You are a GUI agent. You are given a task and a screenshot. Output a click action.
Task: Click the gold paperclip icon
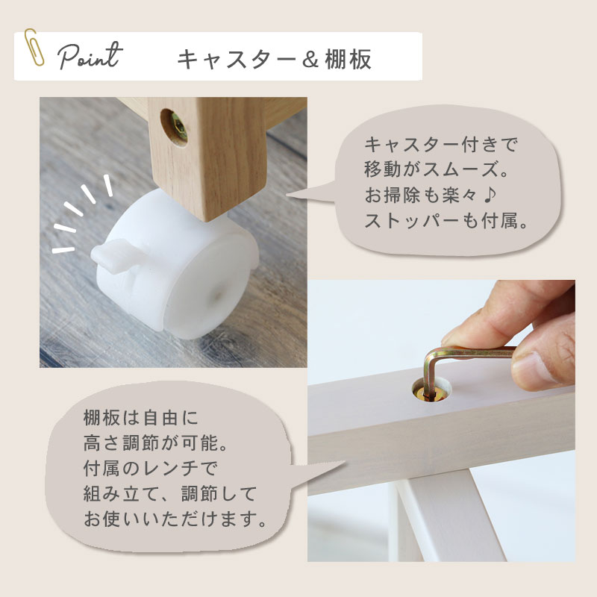34,48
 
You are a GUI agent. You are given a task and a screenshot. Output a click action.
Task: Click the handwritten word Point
90,57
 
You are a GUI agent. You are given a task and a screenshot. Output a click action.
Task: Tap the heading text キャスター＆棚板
274,60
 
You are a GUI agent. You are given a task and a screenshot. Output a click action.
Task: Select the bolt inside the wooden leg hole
178,128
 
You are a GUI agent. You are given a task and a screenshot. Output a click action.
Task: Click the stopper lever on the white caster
110,254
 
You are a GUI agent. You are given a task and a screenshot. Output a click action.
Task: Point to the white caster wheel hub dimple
218,293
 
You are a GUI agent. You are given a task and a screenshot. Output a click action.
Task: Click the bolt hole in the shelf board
432,389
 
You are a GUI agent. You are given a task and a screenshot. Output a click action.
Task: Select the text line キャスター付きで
441,145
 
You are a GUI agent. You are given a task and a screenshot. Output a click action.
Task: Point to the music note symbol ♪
490,195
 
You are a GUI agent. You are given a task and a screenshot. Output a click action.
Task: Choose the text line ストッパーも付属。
446,221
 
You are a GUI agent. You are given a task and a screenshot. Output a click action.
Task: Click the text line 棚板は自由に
141,418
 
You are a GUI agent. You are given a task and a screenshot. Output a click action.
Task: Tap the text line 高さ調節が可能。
155,443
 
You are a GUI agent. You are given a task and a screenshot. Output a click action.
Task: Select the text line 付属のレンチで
150,469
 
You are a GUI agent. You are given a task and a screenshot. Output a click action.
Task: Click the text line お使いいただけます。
175,519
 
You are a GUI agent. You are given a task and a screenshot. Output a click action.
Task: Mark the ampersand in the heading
310,60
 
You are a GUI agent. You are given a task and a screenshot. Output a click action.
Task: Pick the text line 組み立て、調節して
170,494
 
